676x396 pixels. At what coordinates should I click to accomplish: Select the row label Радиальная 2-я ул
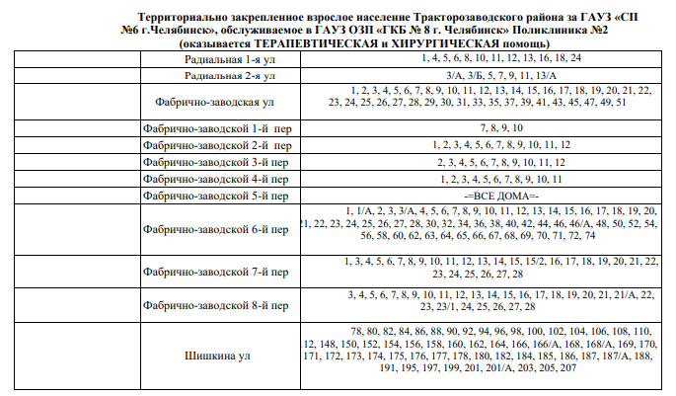(229, 75)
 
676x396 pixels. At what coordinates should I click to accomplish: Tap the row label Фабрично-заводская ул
(215, 102)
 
